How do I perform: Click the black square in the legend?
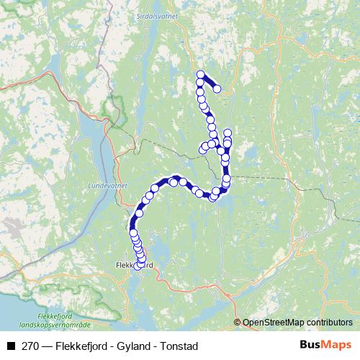11,346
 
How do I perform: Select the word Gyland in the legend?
129,346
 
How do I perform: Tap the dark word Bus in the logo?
311,345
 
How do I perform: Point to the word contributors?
332,322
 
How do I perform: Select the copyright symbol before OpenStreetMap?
238,322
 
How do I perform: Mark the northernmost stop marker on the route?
201,75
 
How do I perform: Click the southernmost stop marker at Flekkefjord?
138,266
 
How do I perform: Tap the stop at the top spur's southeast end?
217,89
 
